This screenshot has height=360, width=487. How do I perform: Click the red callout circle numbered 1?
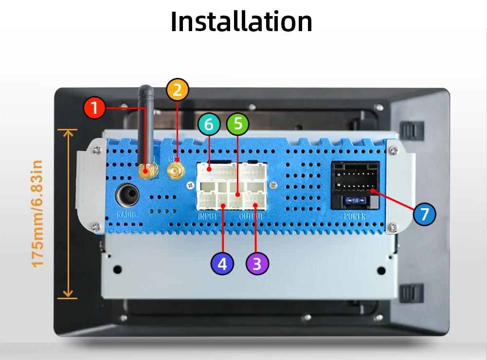(x=94, y=108)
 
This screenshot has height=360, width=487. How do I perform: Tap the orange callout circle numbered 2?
(x=177, y=90)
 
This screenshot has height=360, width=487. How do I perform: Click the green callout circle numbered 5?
(x=237, y=124)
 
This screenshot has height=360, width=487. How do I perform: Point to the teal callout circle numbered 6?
(x=209, y=125)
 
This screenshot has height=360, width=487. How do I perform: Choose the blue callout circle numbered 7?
(x=425, y=214)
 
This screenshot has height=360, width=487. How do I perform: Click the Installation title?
(x=241, y=21)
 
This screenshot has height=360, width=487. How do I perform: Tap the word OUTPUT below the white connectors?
(x=252, y=216)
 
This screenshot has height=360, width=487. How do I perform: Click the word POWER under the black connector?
(x=355, y=216)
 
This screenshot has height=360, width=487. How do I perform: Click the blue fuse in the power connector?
(x=355, y=200)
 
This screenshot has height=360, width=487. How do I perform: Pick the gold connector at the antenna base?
(x=147, y=171)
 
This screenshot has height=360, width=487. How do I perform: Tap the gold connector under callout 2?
(x=175, y=170)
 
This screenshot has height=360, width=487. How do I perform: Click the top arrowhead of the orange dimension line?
(x=68, y=132)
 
